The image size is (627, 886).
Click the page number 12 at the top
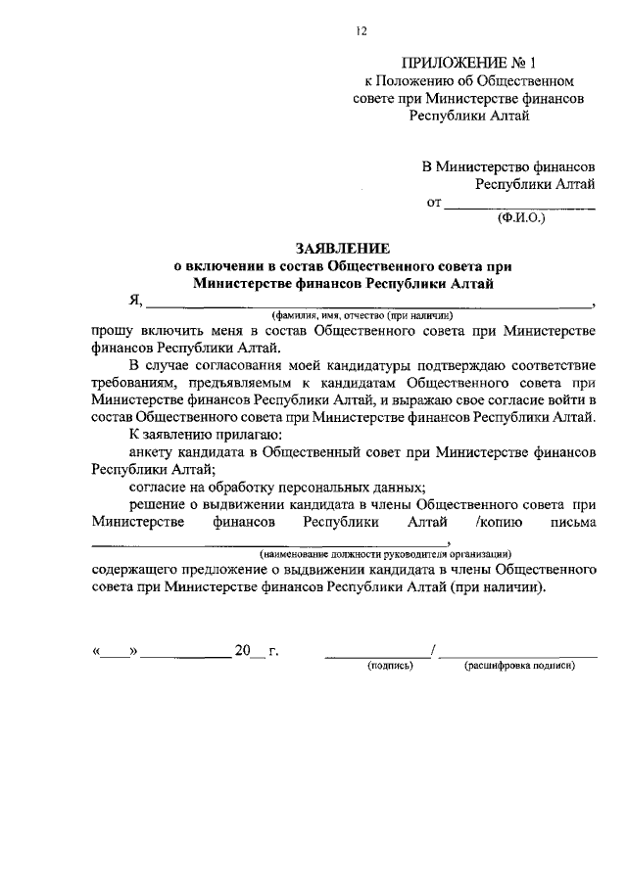tap(361, 31)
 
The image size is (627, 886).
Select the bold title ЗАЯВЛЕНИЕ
tap(343, 250)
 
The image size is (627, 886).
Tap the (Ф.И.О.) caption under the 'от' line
tap(520, 217)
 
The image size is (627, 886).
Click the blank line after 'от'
tap(519, 204)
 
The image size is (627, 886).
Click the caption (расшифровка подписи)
tap(519, 666)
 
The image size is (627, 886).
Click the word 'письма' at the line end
tap(573, 523)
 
